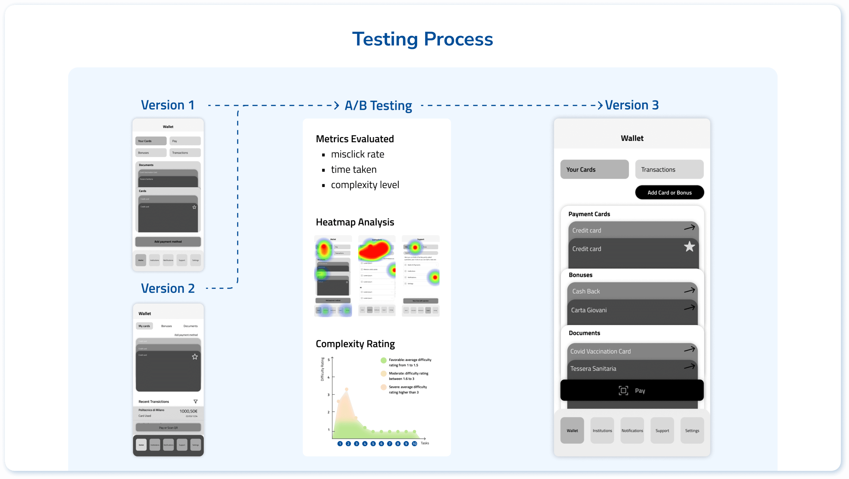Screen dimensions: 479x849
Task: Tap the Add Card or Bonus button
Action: point(669,192)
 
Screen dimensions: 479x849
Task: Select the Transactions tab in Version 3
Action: point(669,169)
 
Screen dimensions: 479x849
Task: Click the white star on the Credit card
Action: point(689,247)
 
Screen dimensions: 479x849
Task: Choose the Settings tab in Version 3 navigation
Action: point(692,431)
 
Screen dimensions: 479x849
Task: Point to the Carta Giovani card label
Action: point(589,310)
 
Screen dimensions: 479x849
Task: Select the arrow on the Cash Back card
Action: point(689,290)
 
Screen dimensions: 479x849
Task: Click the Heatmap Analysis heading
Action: point(355,222)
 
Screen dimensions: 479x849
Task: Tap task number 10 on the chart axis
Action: point(414,444)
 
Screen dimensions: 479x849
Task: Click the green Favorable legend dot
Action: point(383,360)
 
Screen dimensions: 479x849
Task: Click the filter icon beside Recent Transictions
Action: point(195,402)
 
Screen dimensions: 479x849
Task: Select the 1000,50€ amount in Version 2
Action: point(188,411)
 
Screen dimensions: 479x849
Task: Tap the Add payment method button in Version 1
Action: point(168,242)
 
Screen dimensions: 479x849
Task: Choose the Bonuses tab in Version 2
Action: point(166,326)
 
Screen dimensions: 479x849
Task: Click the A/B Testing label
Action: point(378,106)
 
